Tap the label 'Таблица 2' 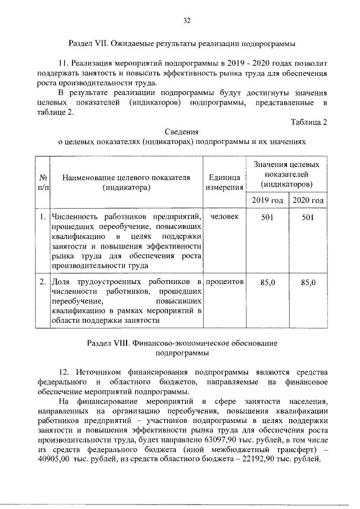point(309,122)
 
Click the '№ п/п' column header point(43,183)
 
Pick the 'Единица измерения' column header point(224,183)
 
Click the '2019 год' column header point(267,200)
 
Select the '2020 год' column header point(308,200)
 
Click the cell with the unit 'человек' point(224,217)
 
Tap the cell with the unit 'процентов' point(224,280)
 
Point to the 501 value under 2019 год point(267,218)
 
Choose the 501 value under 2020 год point(307,218)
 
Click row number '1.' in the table point(43,217)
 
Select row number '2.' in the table point(43,281)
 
